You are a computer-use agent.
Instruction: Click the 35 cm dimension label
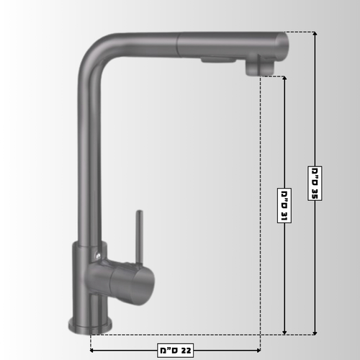[x=315, y=183]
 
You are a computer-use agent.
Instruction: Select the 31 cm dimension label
[x=284, y=205]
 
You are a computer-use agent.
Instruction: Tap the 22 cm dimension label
[x=176, y=351]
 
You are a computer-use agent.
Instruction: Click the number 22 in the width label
[x=186, y=351]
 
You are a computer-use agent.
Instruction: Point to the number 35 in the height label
[x=315, y=193]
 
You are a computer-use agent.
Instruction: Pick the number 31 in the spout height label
[x=284, y=216]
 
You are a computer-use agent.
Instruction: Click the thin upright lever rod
[x=139, y=237]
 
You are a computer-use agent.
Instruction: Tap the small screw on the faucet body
[x=97, y=255]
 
